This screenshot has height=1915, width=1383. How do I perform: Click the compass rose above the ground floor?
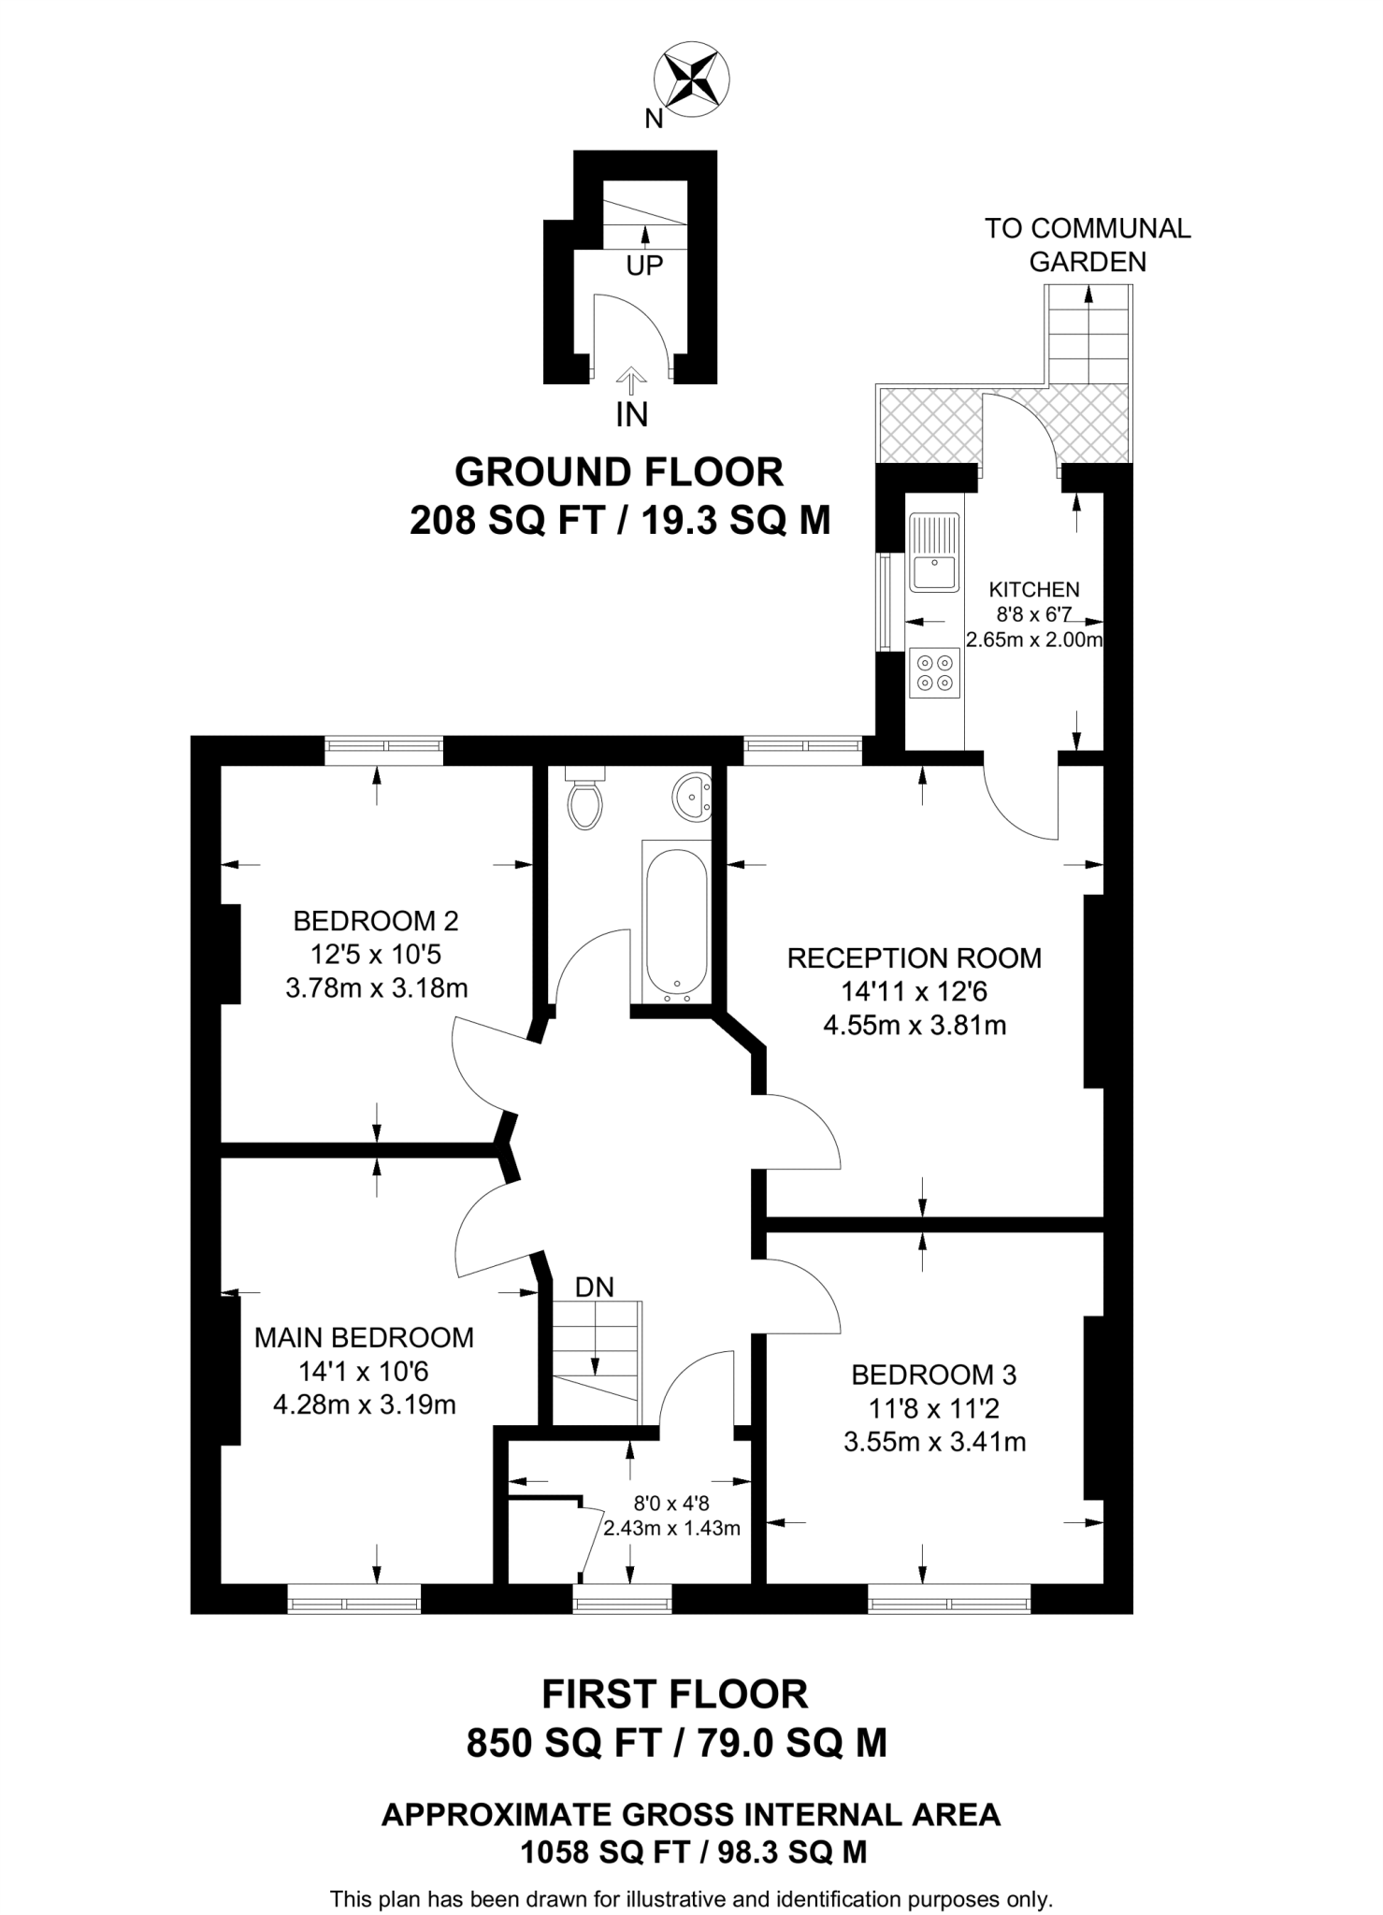(692, 80)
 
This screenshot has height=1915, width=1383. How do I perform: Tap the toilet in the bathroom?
(586, 799)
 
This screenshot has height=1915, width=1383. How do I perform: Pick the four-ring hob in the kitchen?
(934, 672)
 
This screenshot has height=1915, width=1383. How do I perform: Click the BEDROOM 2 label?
(376, 921)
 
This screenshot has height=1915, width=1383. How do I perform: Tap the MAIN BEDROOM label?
(364, 1338)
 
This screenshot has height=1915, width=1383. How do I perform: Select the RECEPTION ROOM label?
(915, 957)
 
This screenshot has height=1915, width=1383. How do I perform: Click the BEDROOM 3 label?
(934, 1375)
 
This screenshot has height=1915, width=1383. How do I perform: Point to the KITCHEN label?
(1034, 589)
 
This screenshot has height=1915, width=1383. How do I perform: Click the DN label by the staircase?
(595, 1288)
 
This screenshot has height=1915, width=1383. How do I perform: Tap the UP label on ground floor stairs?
(644, 266)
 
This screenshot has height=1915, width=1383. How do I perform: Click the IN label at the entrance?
(632, 414)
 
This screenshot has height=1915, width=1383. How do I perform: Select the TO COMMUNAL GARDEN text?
(1088, 245)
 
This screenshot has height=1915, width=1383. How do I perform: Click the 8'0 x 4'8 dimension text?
(671, 1505)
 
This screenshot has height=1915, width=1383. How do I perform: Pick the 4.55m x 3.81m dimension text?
(915, 1026)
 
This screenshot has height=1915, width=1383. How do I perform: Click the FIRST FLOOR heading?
(675, 1693)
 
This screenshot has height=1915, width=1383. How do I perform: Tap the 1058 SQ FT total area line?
(692, 1851)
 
